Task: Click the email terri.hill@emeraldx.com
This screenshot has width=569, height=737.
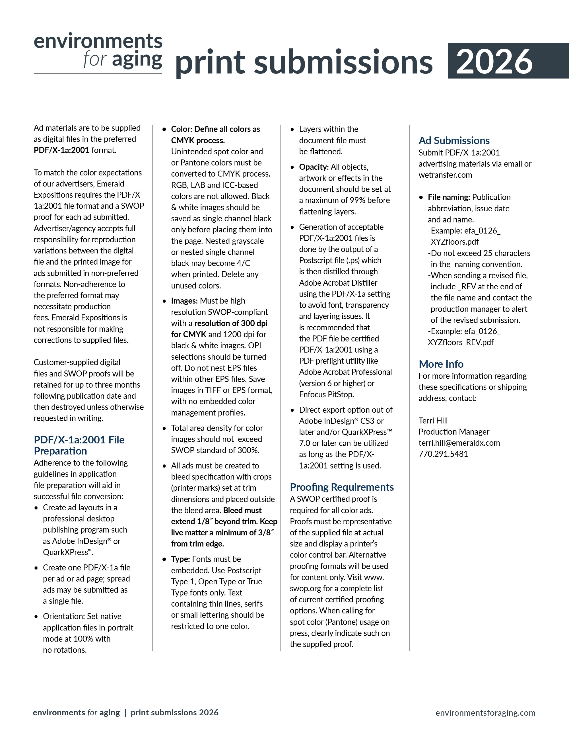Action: [x=459, y=443]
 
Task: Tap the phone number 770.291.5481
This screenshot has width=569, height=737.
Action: [x=443, y=454]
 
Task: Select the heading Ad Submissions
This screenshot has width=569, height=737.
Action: [x=454, y=140]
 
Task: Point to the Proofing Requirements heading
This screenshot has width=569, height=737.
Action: [x=341, y=487]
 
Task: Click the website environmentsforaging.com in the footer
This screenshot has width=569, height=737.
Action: [x=485, y=713]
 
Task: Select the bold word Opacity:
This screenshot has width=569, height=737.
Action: [x=314, y=167]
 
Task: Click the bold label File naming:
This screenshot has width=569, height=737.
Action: [x=449, y=197]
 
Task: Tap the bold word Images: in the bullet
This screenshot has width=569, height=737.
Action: [x=184, y=301]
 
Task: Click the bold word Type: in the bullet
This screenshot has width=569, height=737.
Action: [x=180, y=559]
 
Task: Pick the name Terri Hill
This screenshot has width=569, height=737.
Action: [x=433, y=420]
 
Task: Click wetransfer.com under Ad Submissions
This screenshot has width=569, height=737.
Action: [x=445, y=175]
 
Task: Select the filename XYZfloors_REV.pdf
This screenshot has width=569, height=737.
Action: [x=460, y=342]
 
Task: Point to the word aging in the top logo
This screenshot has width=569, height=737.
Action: [x=137, y=60]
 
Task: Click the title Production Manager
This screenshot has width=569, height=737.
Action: [x=454, y=432]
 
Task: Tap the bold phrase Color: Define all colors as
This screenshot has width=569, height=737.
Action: [x=215, y=129]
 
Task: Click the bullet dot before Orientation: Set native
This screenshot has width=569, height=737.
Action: [x=36, y=617]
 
